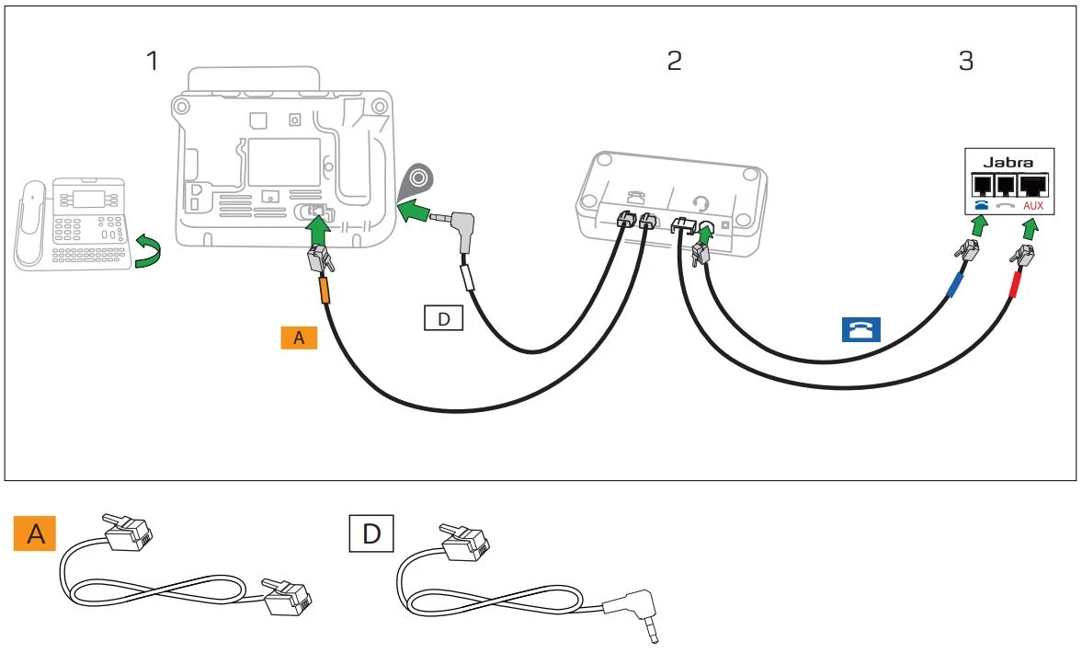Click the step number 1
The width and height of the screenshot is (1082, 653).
(x=152, y=62)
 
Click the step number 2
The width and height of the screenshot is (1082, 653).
(x=674, y=62)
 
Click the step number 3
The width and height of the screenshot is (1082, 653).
(x=965, y=62)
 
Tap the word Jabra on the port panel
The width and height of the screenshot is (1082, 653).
(x=1008, y=163)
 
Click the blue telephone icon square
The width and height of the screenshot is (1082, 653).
(x=860, y=329)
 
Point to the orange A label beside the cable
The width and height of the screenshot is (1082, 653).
(x=298, y=338)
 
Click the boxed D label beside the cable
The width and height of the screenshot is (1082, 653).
(x=442, y=318)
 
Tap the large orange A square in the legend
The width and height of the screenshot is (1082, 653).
(x=35, y=534)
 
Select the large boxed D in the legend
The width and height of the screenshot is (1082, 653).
(x=371, y=534)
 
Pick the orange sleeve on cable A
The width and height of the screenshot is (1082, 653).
(x=323, y=292)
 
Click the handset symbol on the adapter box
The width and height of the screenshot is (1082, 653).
(x=634, y=198)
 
